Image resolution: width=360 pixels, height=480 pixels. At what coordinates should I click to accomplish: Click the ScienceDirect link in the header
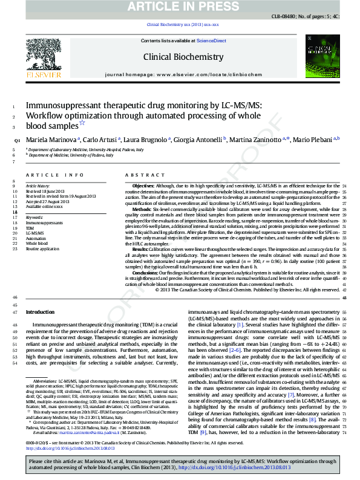212,41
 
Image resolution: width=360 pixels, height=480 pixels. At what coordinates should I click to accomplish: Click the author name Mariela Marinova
50,140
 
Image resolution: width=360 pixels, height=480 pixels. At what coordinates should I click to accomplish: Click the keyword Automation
35,238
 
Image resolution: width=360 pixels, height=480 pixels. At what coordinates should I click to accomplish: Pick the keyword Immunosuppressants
44,222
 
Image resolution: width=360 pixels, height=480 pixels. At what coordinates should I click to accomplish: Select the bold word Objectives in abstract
143,186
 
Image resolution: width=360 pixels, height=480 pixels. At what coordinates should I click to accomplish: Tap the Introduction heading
39,312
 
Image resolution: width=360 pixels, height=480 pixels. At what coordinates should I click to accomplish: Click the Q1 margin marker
17,141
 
